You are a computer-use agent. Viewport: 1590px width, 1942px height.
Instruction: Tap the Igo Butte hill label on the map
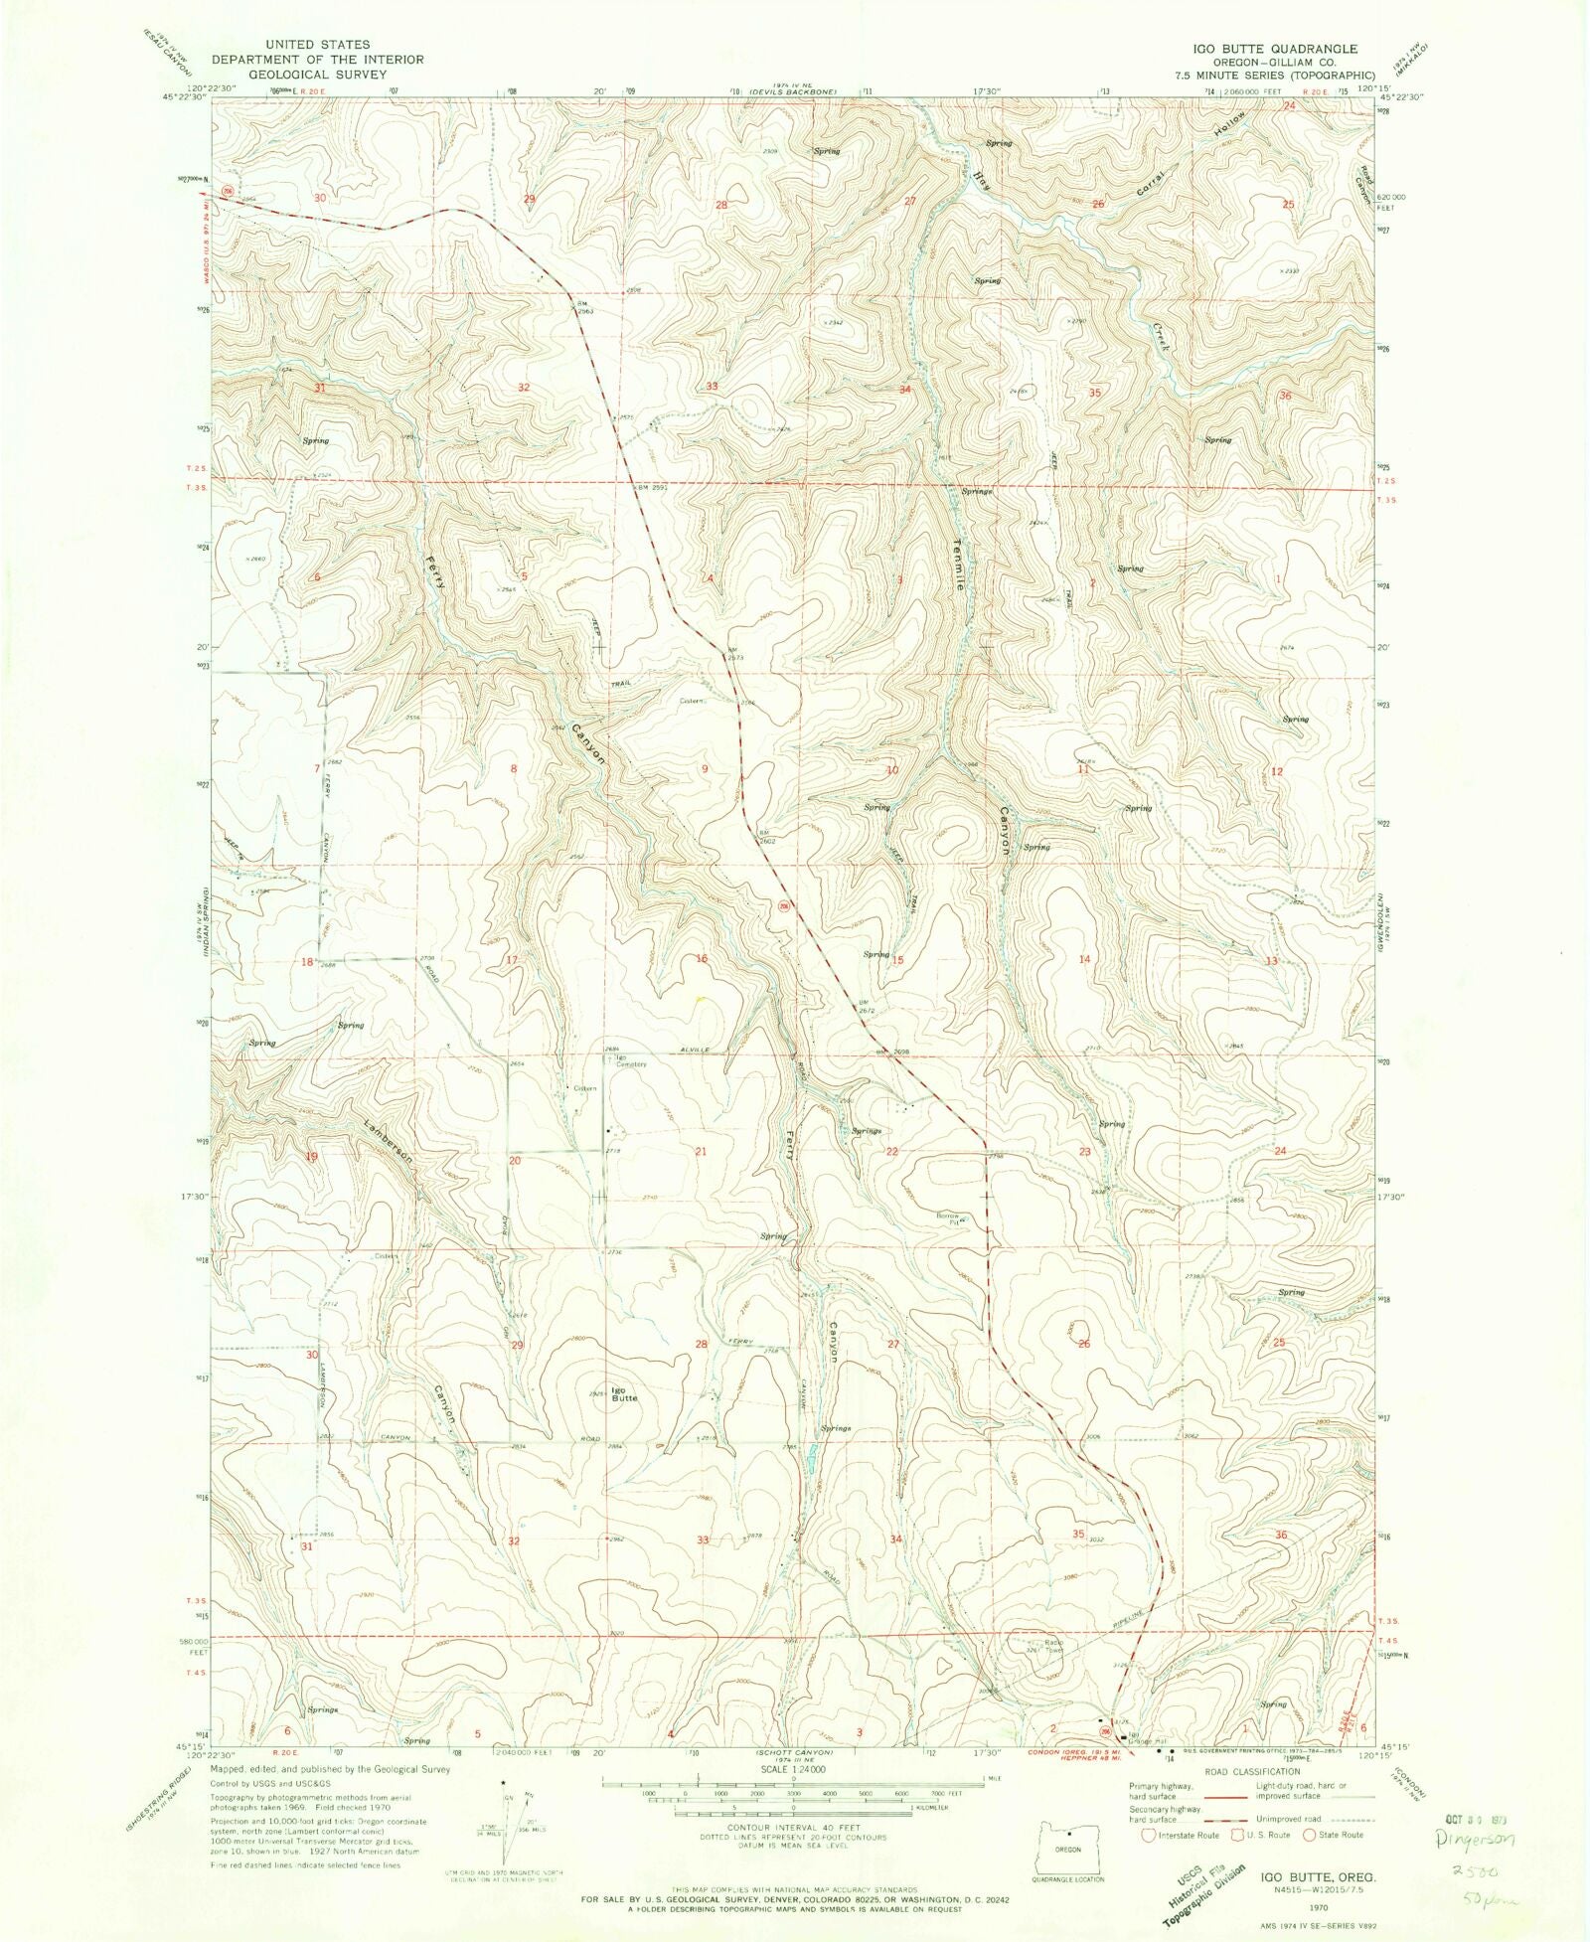[623, 1392]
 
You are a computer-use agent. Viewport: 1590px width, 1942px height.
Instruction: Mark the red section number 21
[701, 1151]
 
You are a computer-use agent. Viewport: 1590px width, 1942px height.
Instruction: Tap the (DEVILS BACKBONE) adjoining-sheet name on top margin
[799, 90]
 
